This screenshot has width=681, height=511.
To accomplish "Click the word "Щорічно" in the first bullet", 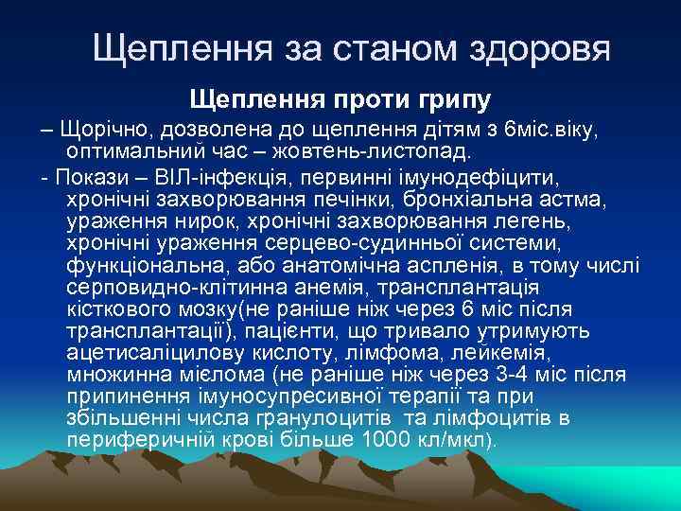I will [97, 129].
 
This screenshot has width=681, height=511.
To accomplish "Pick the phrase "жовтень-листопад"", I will [383, 150].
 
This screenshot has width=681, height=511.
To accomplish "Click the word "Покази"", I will [90, 177].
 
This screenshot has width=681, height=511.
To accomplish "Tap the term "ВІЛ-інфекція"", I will [206, 177].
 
